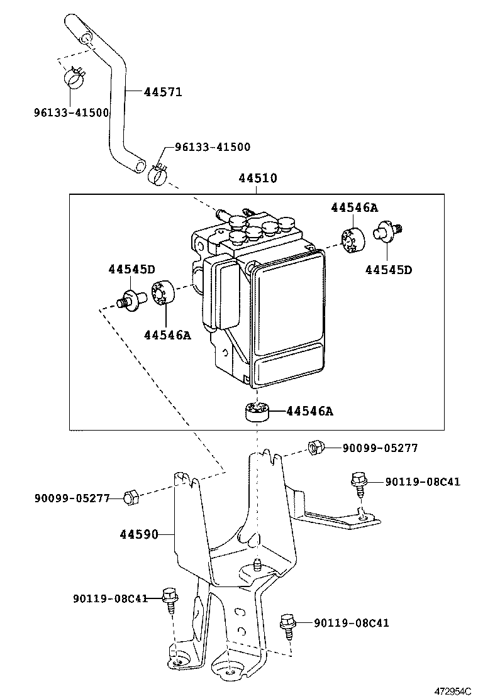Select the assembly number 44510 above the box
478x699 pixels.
point(257,179)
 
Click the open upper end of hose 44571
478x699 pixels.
point(86,40)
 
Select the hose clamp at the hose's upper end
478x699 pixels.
point(75,78)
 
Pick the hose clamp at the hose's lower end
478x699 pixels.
point(157,172)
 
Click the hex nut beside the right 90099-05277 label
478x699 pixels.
point(315,448)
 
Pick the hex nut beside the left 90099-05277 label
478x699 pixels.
point(131,497)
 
